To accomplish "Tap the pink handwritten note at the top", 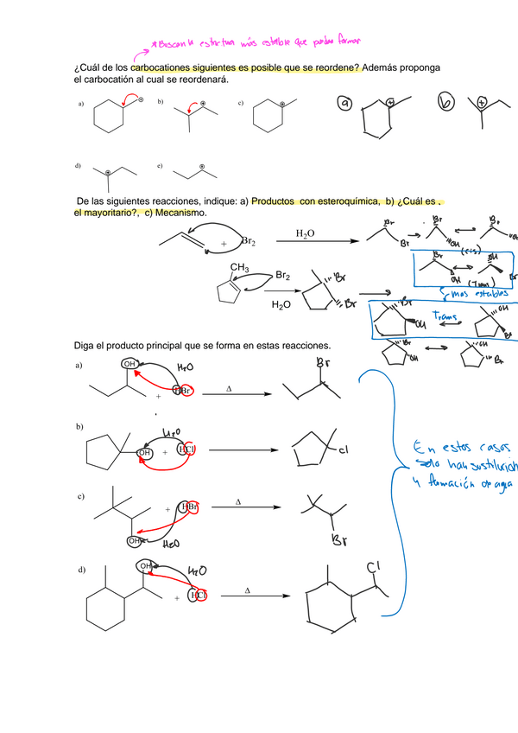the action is point(255,41).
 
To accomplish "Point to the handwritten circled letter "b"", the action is point(445,103).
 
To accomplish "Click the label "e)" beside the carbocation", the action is point(161,164).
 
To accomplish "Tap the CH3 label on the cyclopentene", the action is point(239,267).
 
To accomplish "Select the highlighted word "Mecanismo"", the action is point(180,213).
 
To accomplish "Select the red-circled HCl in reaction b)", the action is point(187,449).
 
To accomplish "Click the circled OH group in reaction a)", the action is point(129,365).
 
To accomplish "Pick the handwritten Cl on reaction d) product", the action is point(373,567).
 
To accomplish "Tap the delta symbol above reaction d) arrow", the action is point(247,590).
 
